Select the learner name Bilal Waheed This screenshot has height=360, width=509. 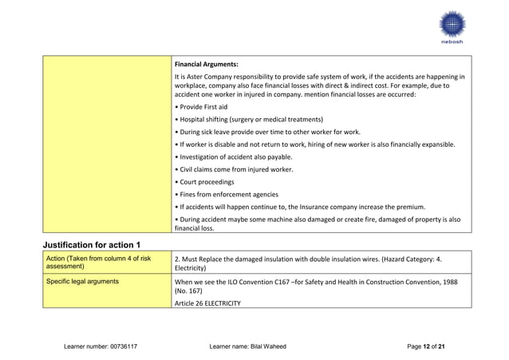pos(247,345)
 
